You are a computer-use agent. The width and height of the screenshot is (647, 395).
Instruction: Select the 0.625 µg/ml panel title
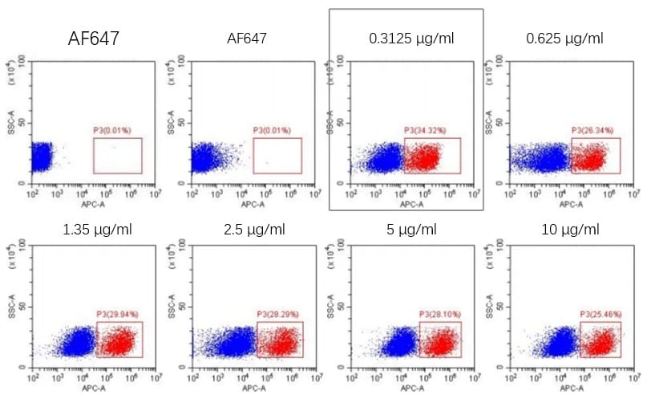564,38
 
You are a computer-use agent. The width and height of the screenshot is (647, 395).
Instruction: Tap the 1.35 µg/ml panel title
97,230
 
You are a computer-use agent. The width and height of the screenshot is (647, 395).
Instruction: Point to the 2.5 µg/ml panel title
255,230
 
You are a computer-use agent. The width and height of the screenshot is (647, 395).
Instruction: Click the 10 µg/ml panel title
569,230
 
